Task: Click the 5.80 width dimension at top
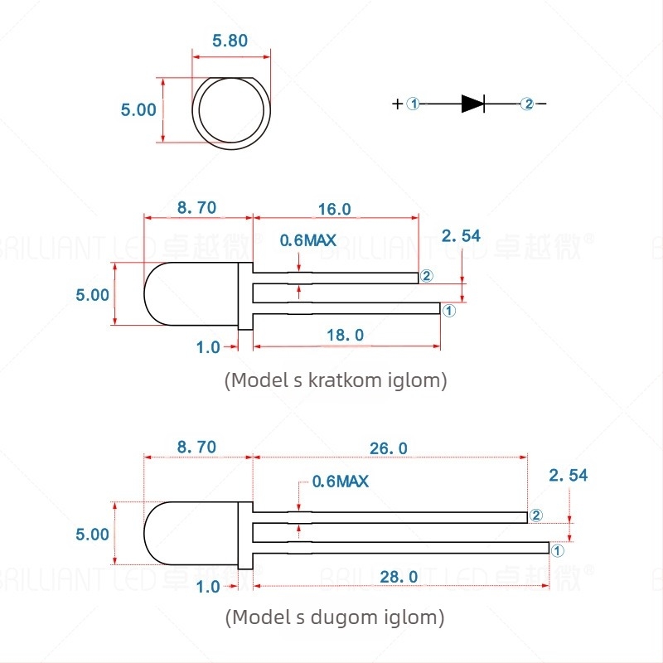(230, 41)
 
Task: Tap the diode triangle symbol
(472, 104)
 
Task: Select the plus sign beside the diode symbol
(398, 104)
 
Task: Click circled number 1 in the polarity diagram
(414, 104)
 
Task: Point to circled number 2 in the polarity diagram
(527, 104)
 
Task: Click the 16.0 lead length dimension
(335, 209)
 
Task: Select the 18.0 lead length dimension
(346, 335)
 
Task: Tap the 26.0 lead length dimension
(389, 448)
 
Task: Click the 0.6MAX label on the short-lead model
(308, 240)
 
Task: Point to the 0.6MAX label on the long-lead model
(340, 481)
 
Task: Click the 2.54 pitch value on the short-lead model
(461, 236)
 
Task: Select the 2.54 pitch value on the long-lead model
(569, 475)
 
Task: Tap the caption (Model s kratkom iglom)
(336, 380)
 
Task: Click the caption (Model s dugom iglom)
(334, 617)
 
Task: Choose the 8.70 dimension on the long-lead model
(196, 448)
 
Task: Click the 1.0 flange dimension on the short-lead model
(209, 347)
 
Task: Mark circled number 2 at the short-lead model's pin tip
(427, 276)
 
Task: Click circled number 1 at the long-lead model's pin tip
(557, 549)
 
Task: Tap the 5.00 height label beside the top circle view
(138, 109)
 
